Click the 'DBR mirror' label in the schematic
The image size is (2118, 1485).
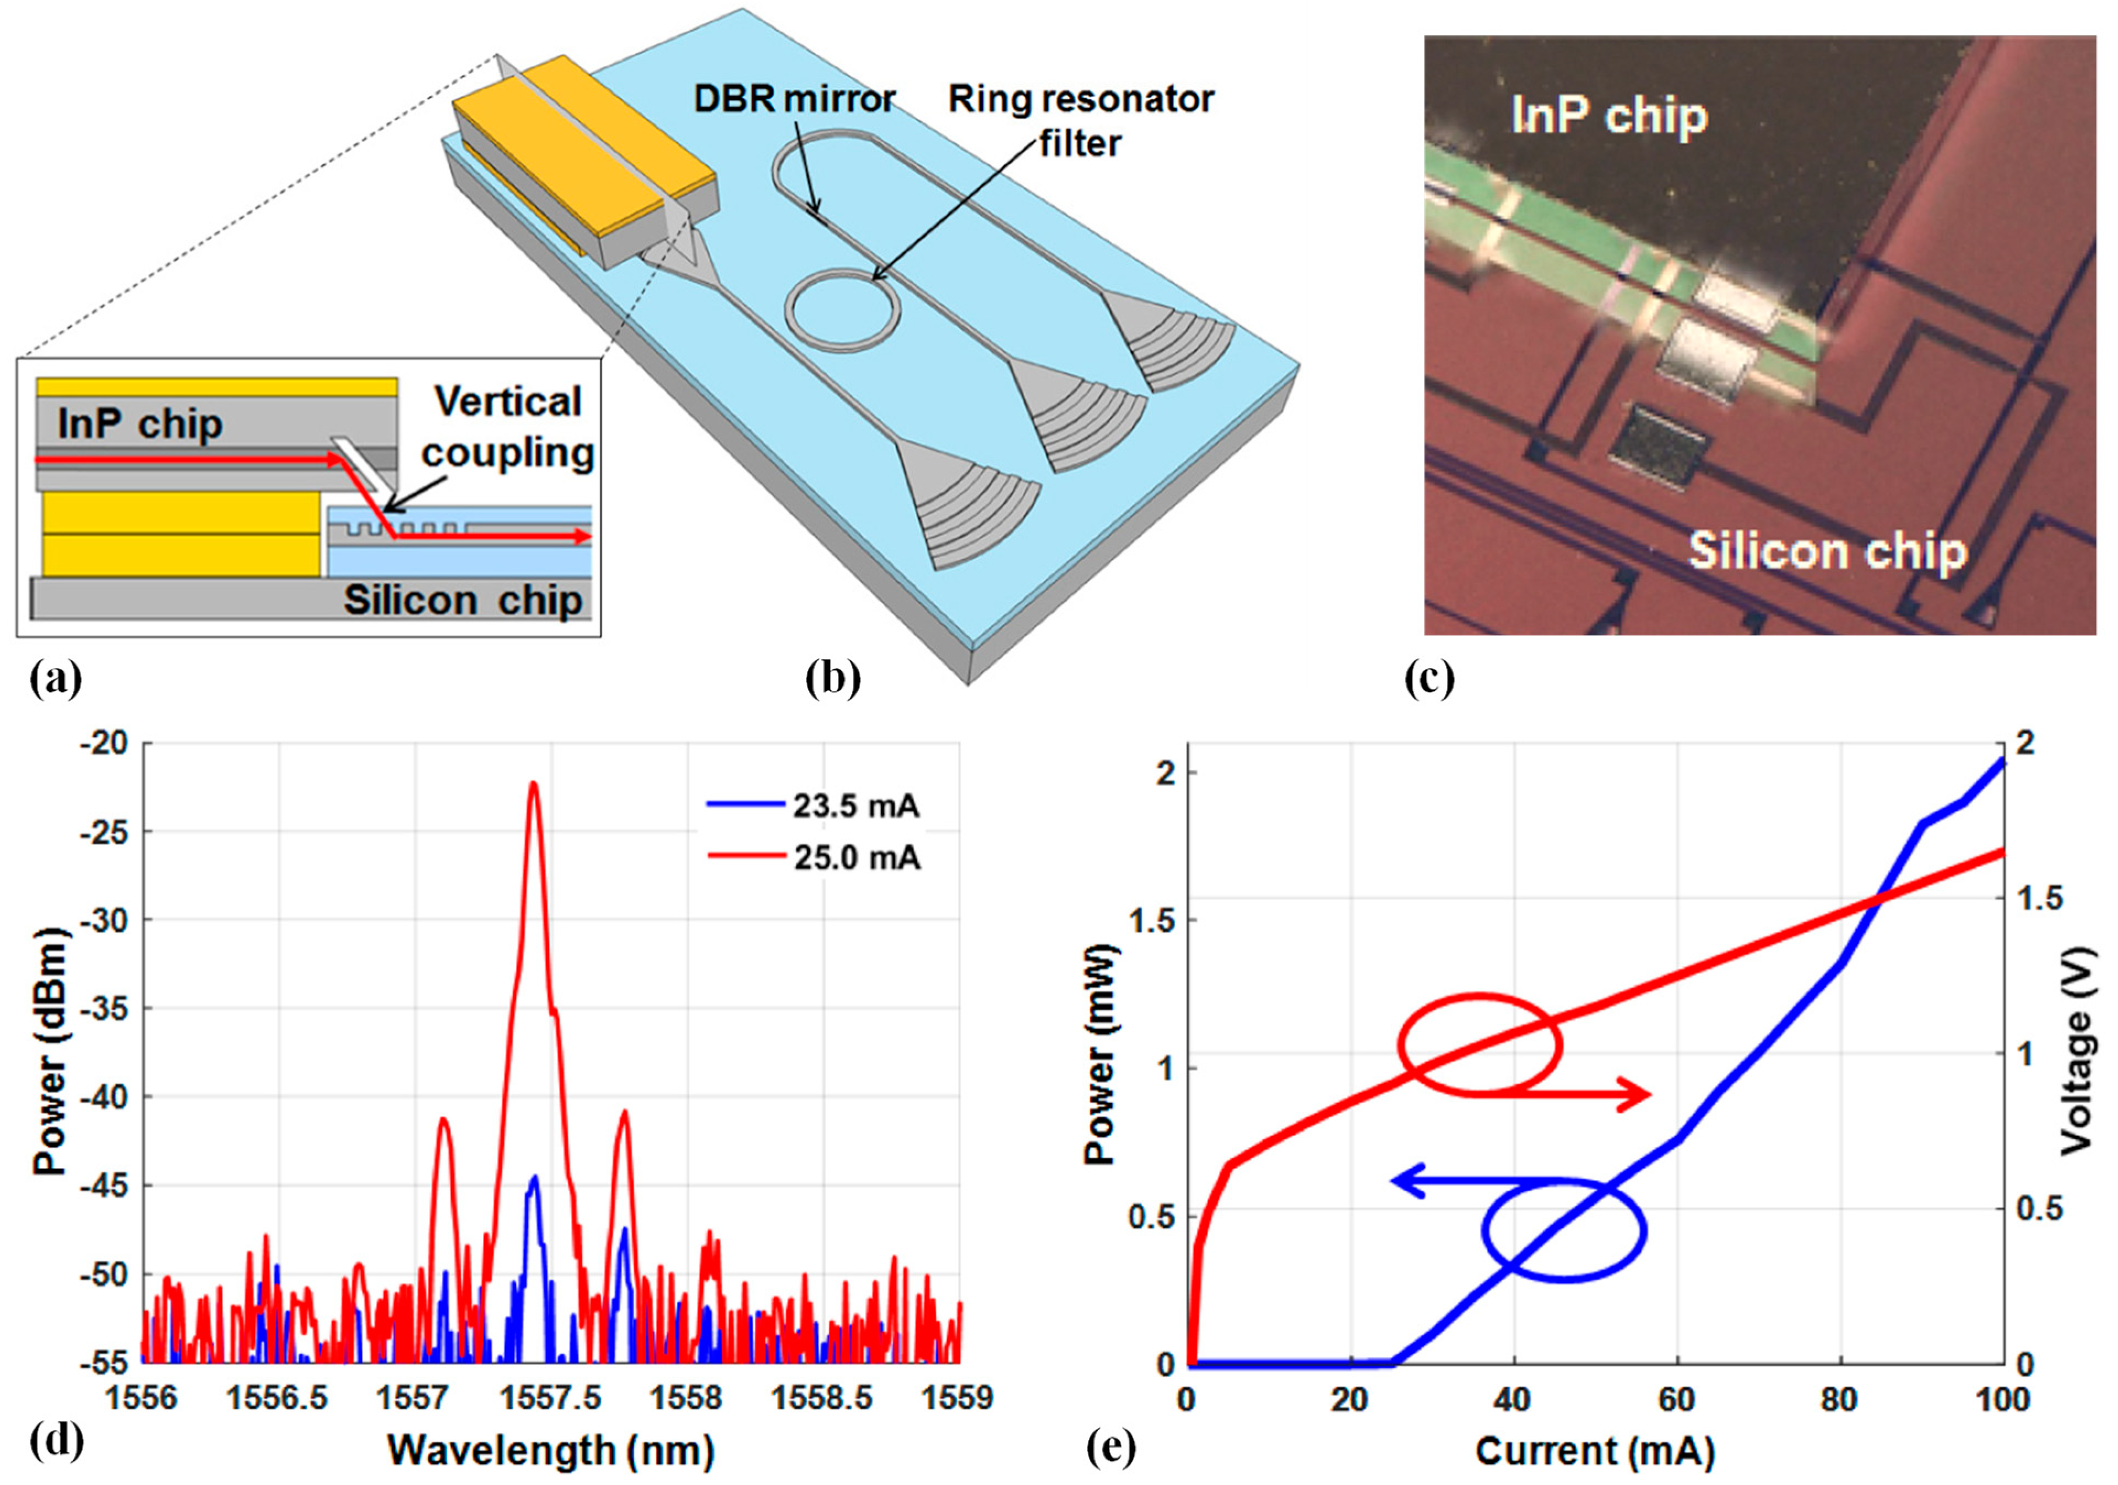click(x=794, y=99)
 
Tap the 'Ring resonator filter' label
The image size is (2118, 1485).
click(x=1081, y=120)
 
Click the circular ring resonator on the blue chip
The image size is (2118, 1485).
click(x=841, y=309)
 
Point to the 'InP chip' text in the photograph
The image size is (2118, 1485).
click(x=1609, y=116)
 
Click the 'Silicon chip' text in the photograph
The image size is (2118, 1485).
click(x=1827, y=552)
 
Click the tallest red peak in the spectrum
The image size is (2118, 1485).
click(x=532, y=785)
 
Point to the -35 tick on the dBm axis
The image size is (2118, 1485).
click(x=104, y=1008)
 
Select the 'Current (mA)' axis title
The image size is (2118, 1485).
click(x=1595, y=1451)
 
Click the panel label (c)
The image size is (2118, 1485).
click(x=1429, y=679)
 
